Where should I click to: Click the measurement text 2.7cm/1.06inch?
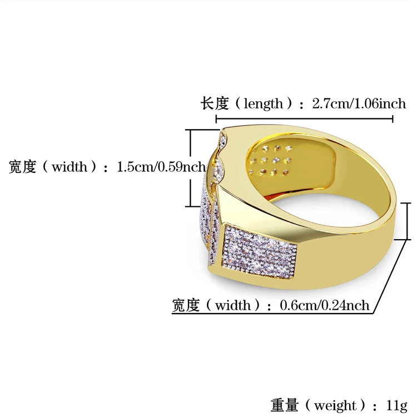pyautogui.click(x=359, y=103)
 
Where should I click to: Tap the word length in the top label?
pyautogui.click(x=263, y=104)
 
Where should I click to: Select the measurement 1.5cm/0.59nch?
pyautogui.click(x=161, y=167)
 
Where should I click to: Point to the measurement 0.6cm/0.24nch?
pyautogui.click(x=325, y=305)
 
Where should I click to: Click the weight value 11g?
pyautogui.click(x=396, y=406)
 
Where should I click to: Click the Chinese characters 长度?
pyautogui.click(x=215, y=103)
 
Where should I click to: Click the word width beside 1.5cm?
pyautogui.click(x=69, y=167)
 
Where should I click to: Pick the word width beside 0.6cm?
pyautogui.click(x=233, y=305)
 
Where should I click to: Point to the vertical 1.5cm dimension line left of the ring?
pyautogui.click(x=190, y=168)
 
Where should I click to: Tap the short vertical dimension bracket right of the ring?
pyautogui.click(x=407, y=221)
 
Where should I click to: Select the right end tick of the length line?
pyautogui.click(x=393, y=119)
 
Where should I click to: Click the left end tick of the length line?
pyautogui.click(x=216, y=119)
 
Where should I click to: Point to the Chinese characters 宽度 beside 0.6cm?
pyautogui.click(x=186, y=305)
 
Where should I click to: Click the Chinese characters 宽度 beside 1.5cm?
pyautogui.click(x=22, y=167)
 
